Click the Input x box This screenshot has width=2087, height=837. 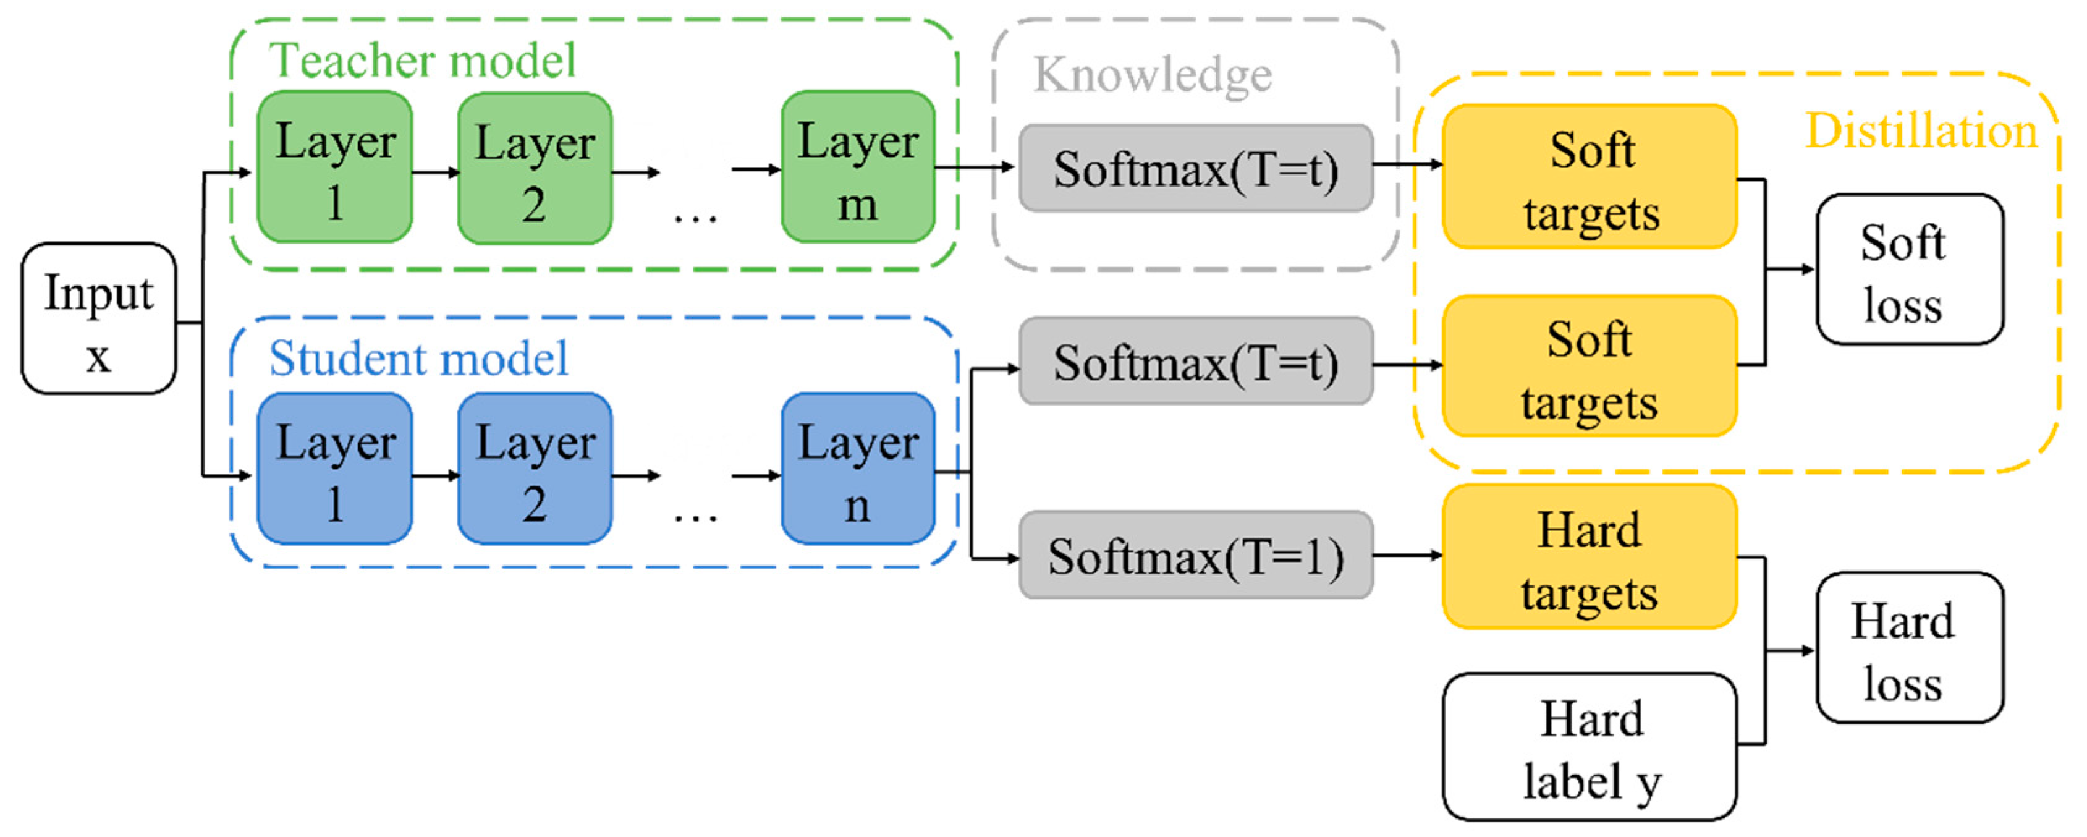click(x=99, y=318)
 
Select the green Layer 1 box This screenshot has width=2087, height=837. click(x=334, y=167)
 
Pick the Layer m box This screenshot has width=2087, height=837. click(x=858, y=167)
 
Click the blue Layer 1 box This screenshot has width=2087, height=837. click(x=334, y=469)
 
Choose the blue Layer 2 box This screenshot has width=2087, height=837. click(x=535, y=469)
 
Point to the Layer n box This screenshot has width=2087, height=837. click(x=858, y=469)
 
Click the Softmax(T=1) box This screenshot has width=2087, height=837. click(x=1196, y=555)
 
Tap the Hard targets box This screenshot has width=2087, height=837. click(x=1590, y=556)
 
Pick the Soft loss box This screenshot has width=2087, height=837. click(x=1910, y=269)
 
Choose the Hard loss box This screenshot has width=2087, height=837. click(x=1910, y=647)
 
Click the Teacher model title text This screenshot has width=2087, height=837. click(x=422, y=60)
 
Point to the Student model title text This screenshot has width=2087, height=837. click(x=419, y=358)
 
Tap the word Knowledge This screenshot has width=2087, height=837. click(x=1153, y=75)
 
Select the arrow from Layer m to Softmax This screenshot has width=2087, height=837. click(x=975, y=168)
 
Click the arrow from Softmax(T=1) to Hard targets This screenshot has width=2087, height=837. click(x=1408, y=556)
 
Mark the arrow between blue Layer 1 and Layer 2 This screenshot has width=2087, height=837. click(x=436, y=475)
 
